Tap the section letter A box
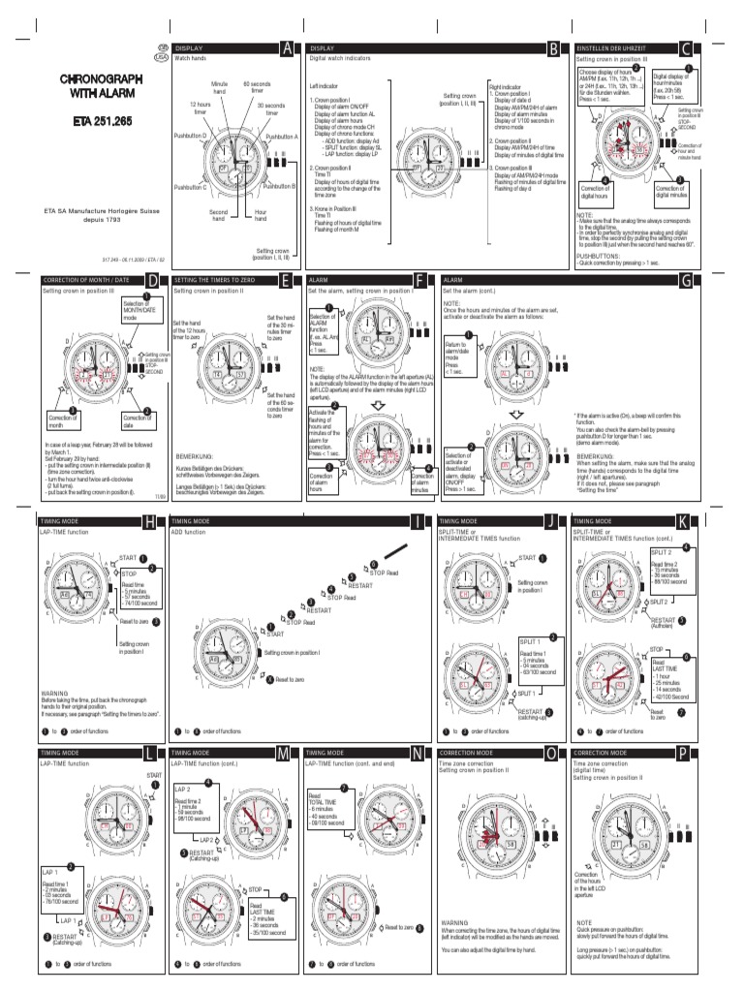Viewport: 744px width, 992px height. click(x=286, y=47)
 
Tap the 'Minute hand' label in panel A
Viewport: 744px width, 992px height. click(x=219, y=89)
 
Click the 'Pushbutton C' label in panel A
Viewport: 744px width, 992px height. click(x=190, y=186)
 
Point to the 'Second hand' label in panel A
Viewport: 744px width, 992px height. click(x=219, y=215)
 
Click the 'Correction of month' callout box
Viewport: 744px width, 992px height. click(x=63, y=418)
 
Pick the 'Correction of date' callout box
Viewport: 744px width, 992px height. click(x=136, y=418)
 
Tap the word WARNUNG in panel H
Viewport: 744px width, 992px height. click(x=54, y=694)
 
